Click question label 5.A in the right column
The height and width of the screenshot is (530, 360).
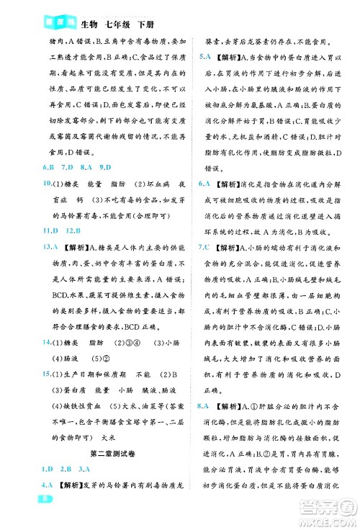pyautogui.click(x=204, y=56)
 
